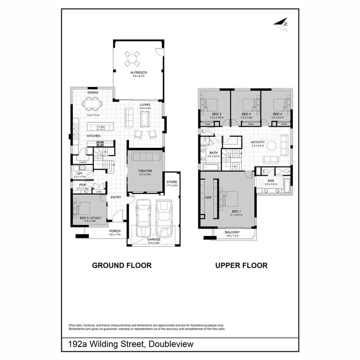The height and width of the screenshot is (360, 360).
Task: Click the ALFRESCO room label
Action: (138, 72)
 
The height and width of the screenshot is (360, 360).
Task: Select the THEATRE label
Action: (145, 171)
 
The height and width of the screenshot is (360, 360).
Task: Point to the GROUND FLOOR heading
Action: (121, 265)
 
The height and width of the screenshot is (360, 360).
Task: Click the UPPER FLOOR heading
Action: (241, 265)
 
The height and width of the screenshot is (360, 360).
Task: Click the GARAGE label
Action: (154, 239)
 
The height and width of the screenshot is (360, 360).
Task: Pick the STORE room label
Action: (171, 182)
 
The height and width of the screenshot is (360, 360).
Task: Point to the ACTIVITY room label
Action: (258, 142)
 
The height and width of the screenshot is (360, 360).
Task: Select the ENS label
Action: (272, 180)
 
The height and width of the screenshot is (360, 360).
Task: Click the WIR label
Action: (208, 197)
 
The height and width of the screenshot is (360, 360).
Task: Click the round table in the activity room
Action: (272, 145)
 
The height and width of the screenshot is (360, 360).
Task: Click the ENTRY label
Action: (116, 197)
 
